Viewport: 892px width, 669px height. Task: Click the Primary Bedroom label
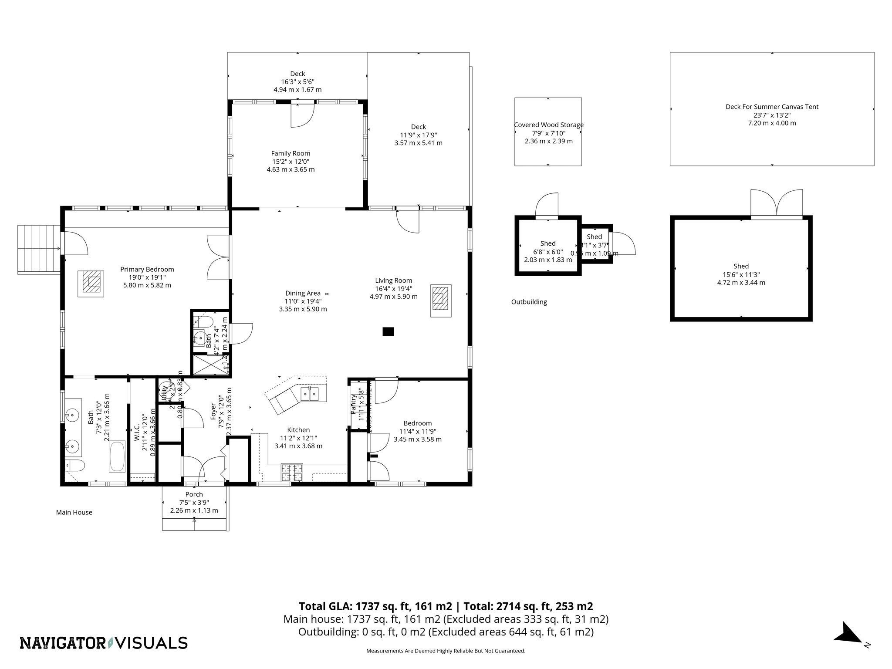[147, 269]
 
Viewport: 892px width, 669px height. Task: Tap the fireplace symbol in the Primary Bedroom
[91, 284]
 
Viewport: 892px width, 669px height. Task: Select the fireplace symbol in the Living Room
[441, 301]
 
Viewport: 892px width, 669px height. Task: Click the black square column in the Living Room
[388, 331]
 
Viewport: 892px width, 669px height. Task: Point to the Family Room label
[291, 153]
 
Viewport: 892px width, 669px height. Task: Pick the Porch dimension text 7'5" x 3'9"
[194, 502]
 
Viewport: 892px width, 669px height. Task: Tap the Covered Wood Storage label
[548, 125]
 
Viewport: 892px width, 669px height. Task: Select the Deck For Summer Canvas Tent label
[772, 107]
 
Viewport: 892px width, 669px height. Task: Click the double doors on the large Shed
[777, 204]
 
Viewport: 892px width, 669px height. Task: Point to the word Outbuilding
[529, 302]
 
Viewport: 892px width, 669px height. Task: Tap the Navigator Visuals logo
[104, 643]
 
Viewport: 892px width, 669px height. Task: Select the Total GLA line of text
[446, 606]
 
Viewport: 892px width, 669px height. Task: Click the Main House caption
[74, 512]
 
